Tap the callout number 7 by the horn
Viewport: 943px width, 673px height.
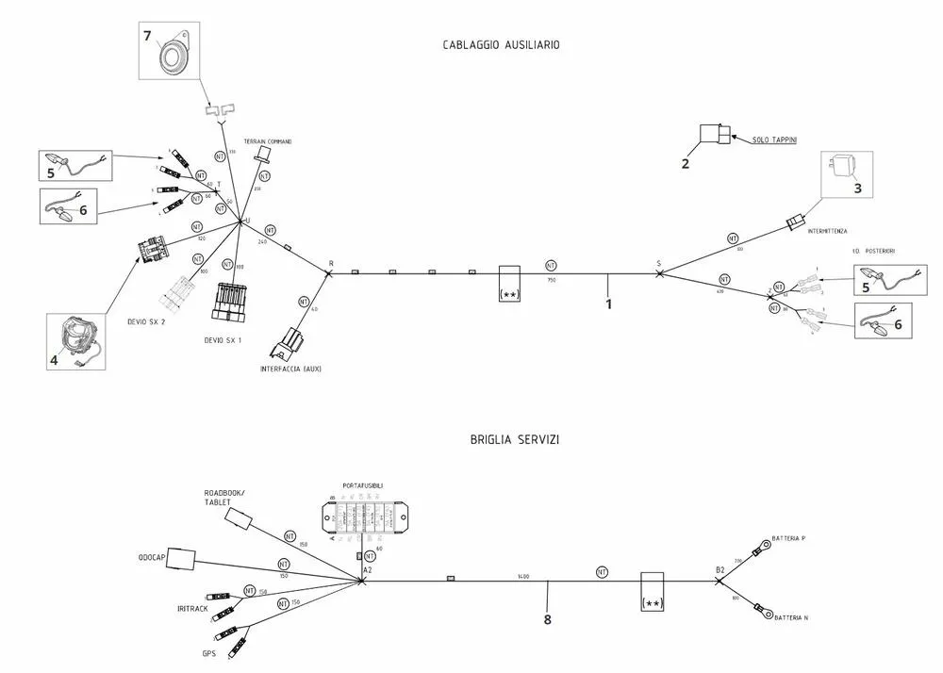(x=147, y=36)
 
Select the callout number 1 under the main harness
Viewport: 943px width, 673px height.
(x=608, y=304)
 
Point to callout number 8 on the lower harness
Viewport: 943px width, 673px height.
(x=547, y=619)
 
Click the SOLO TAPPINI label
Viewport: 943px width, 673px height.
(x=774, y=140)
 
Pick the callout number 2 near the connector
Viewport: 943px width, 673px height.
(x=686, y=163)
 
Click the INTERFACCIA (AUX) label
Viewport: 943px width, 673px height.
(x=290, y=369)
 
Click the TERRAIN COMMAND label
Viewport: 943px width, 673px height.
(x=268, y=141)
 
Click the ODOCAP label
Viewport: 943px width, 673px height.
(x=151, y=557)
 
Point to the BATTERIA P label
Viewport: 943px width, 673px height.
(x=788, y=538)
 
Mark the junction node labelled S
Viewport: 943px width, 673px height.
(x=659, y=273)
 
